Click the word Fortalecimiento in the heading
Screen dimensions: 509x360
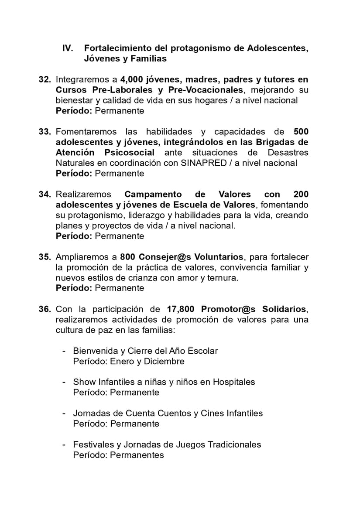pos(114,48)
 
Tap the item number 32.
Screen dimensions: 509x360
pos(45,79)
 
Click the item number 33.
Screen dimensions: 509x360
pos(45,132)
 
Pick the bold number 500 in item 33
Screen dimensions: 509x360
pos(301,132)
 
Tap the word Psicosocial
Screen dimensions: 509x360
pos(129,153)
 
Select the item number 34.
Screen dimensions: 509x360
pos(45,195)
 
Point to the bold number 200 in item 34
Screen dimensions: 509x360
pos(301,195)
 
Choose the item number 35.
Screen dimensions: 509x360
pos(45,257)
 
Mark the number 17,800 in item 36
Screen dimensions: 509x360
pos(181,309)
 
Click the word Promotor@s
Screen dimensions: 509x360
pos(229,309)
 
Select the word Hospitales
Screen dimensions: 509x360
pos(234,382)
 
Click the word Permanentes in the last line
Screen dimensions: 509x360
pos(137,455)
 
